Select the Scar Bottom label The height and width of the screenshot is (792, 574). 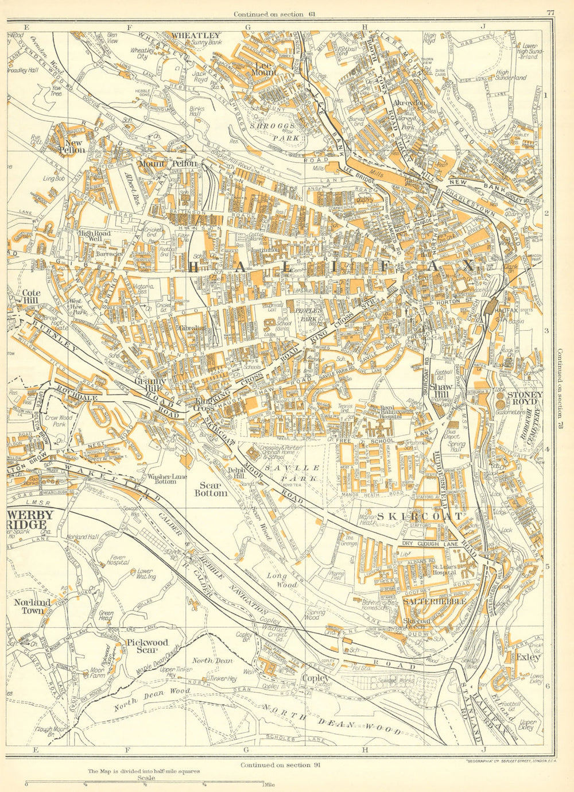coord(211,489)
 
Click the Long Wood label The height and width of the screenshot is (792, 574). coord(281,579)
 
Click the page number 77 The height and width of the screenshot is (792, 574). coord(550,13)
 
